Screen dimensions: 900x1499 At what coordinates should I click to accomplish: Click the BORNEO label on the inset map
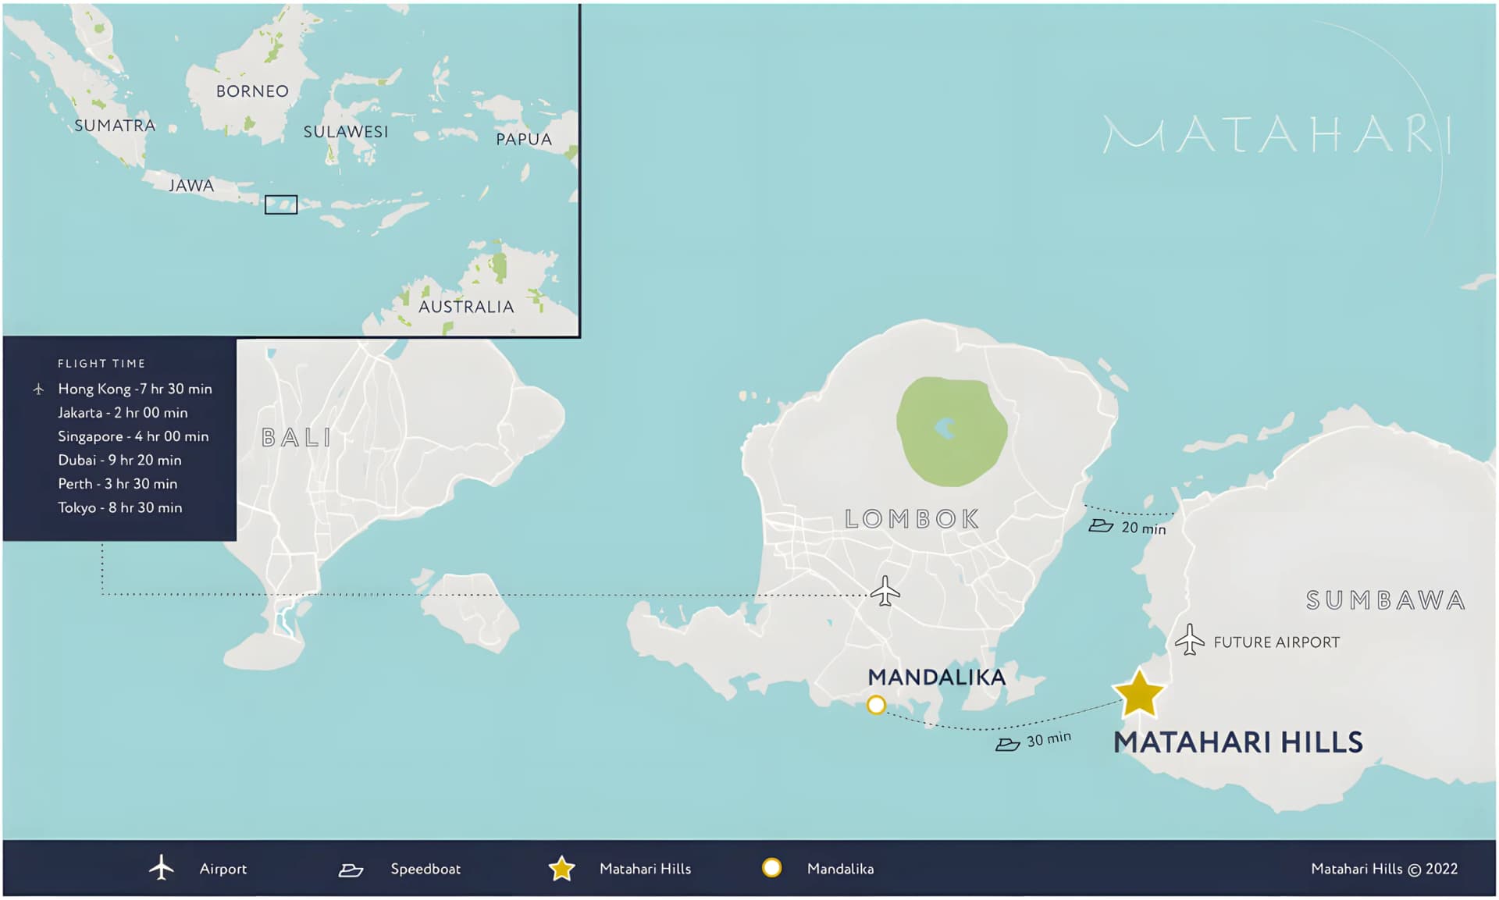pos(252,91)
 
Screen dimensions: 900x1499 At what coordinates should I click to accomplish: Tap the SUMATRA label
pos(115,126)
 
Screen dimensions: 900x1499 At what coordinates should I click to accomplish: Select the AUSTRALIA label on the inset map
pos(466,307)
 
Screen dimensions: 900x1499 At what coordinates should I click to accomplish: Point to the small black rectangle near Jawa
pos(280,205)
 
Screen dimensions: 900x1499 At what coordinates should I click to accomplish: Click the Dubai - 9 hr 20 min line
pos(119,460)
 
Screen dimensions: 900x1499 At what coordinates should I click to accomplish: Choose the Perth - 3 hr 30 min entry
pos(117,484)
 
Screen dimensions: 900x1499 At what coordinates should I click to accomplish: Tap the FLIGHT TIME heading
pos(101,364)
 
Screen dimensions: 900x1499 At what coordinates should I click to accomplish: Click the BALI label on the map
pos(296,437)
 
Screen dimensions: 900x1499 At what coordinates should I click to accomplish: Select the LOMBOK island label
pos(911,519)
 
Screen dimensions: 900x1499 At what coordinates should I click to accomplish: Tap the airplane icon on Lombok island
pos(885,591)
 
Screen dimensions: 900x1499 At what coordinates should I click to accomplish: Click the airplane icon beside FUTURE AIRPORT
pos(1189,640)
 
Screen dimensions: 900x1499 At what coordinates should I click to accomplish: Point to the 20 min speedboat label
pos(1143,528)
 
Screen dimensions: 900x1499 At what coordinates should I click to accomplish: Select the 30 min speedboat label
pos(1048,739)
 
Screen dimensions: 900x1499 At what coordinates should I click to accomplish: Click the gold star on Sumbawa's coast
pos(1139,694)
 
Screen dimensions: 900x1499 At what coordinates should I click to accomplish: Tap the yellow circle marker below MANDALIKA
pos(876,706)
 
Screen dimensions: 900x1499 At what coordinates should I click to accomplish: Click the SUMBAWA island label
pos(1385,600)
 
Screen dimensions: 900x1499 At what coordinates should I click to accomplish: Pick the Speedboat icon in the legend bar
pos(351,870)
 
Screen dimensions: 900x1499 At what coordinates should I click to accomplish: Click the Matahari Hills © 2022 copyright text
pos(1383,869)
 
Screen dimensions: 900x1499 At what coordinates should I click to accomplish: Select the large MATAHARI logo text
pos(1276,135)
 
